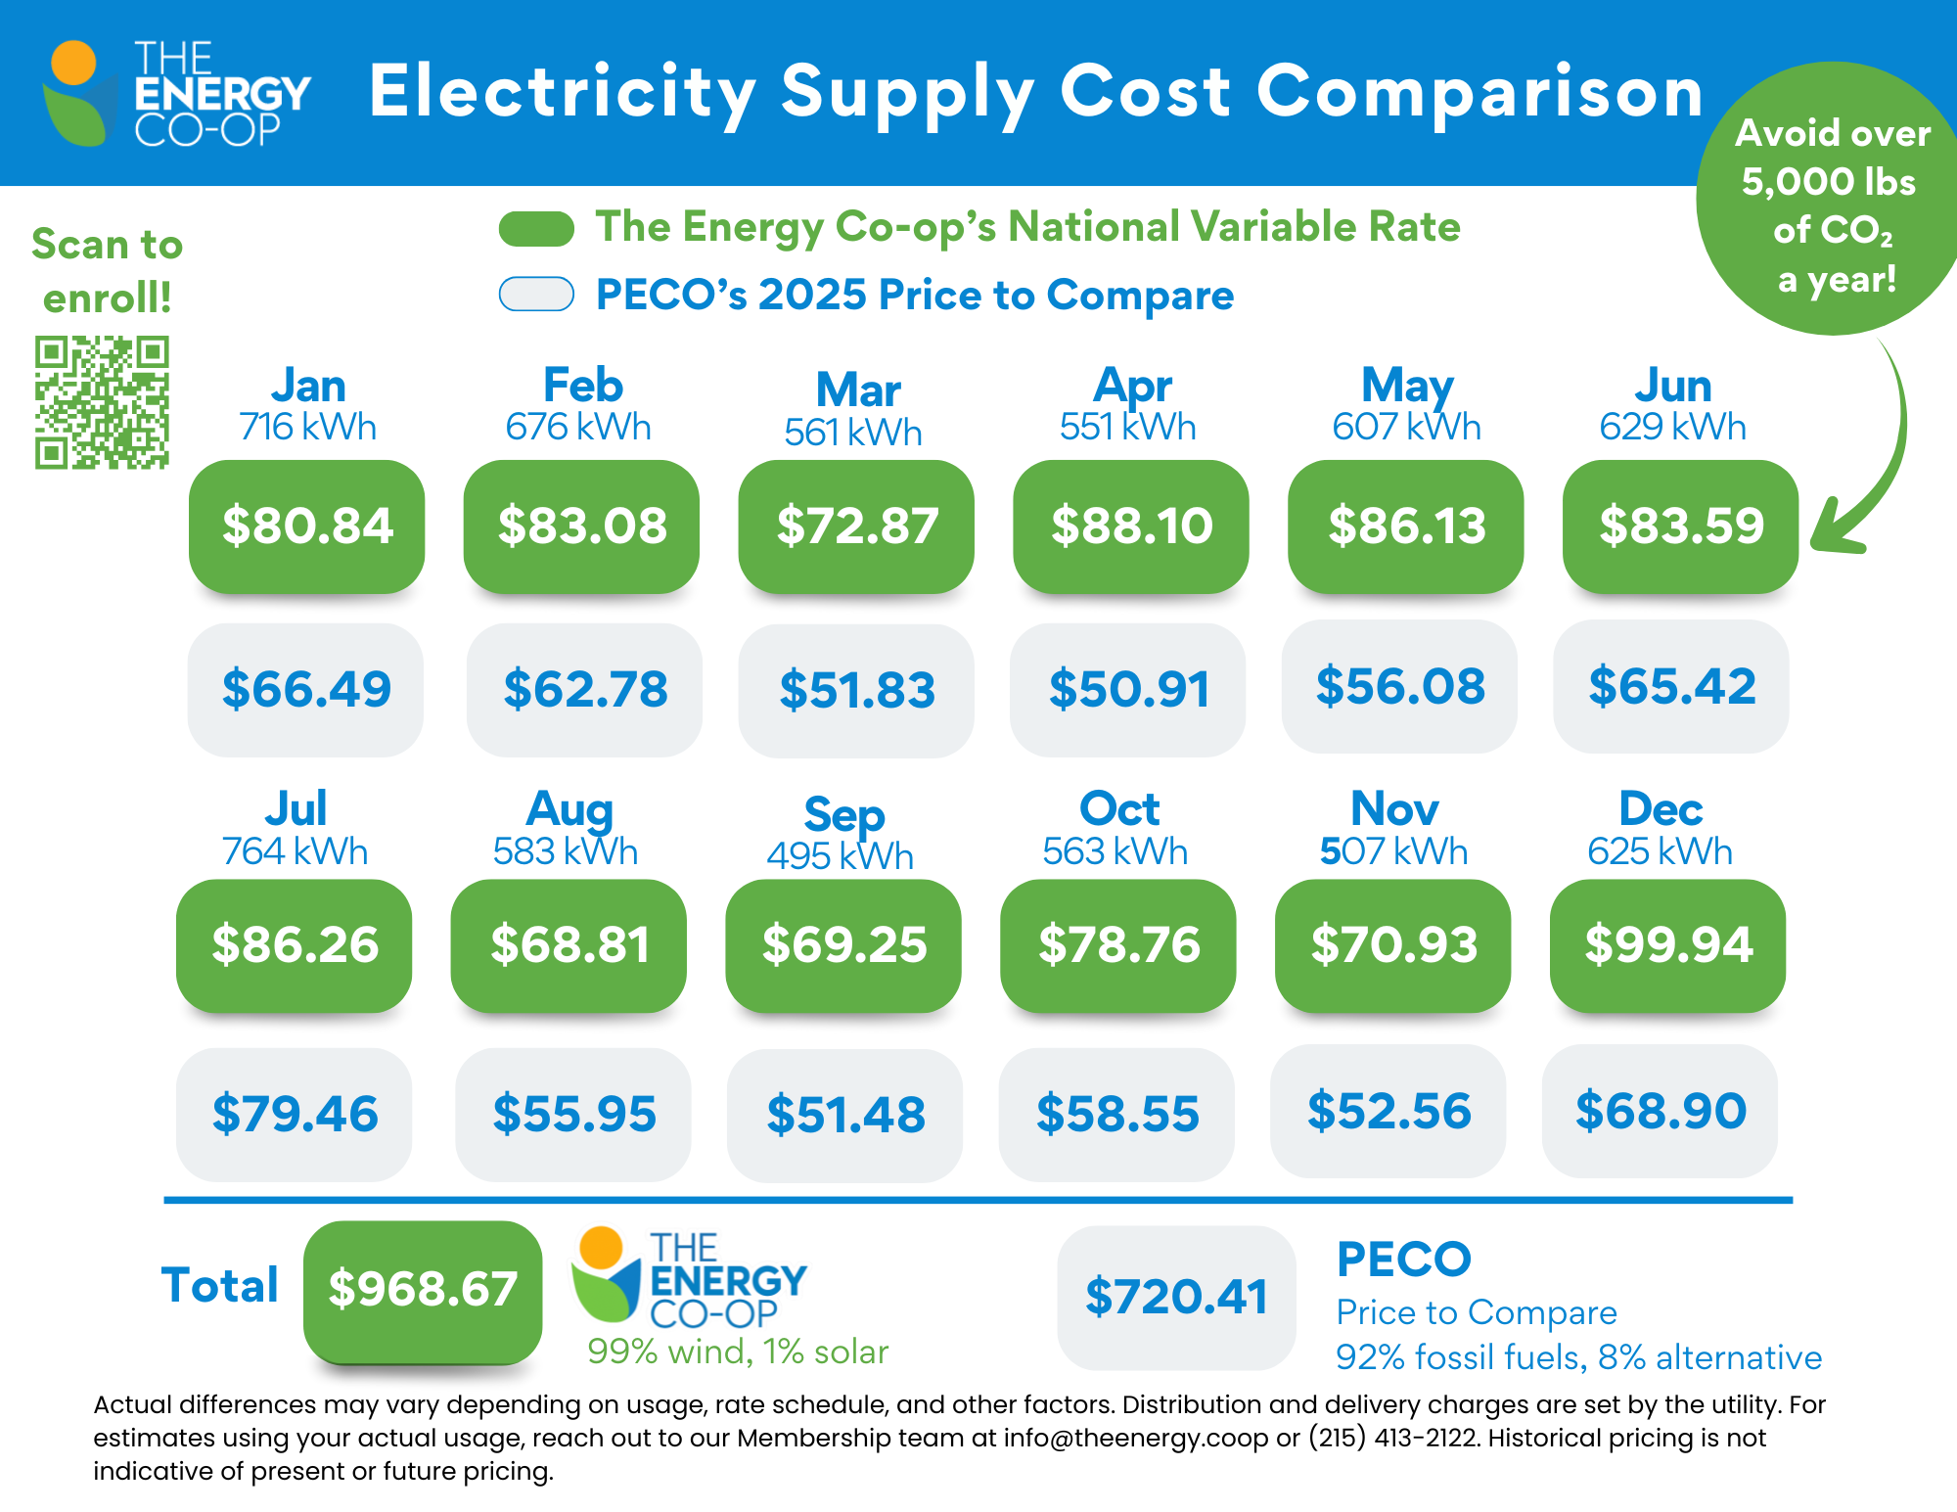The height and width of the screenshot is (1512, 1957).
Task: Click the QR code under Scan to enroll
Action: (102, 402)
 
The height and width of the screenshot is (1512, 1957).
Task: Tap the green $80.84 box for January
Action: (307, 526)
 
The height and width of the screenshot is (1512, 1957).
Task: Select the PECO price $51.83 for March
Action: (856, 690)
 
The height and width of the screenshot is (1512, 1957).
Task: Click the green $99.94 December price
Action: (1668, 945)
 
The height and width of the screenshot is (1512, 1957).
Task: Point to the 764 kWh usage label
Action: (295, 851)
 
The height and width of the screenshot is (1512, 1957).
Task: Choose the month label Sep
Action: (844, 814)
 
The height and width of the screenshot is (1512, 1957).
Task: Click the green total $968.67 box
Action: (423, 1289)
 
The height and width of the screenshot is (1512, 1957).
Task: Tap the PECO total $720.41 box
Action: (1176, 1297)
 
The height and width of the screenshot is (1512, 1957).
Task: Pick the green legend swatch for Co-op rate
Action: (536, 228)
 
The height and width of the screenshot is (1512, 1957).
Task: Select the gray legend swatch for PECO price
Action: (536, 294)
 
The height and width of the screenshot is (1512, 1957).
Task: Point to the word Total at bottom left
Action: (220, 1285)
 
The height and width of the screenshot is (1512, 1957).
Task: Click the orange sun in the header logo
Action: (73, 63)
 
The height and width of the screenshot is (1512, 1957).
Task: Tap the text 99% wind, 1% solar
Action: (738, 1352)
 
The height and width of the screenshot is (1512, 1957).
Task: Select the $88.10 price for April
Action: (1131, 526)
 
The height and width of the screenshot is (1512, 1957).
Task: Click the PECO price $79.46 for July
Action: (295, 1115)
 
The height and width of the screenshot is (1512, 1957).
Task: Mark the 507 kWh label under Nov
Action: (1393, 851)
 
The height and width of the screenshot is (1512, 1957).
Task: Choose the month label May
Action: (1407, 386)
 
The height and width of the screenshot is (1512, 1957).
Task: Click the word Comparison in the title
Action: (1479, 92)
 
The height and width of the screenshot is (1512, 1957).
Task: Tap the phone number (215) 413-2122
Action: (1393, 1438)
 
